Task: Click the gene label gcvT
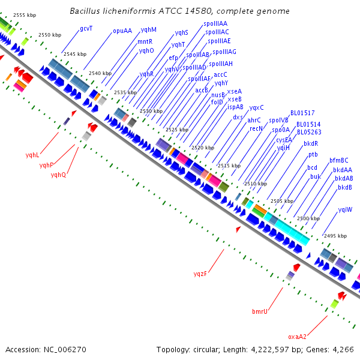pos(86,29)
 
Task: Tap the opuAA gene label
pos(122,31)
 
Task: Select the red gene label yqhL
pos(32,155)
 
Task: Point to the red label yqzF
pos(200,274)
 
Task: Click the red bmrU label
pos(260,311)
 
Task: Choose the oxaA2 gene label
pos(298,337)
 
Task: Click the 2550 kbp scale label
pos(50,35)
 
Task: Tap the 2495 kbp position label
pos(335,236)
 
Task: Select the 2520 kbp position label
pos(203,148)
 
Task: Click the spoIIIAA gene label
pos(215,23)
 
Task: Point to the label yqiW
pos(345,209)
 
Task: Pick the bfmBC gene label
pos(339,160)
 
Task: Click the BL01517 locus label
pos(302,113)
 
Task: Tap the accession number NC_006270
pos(65,349)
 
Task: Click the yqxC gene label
pos(256,107)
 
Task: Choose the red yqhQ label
pos(58,175)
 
